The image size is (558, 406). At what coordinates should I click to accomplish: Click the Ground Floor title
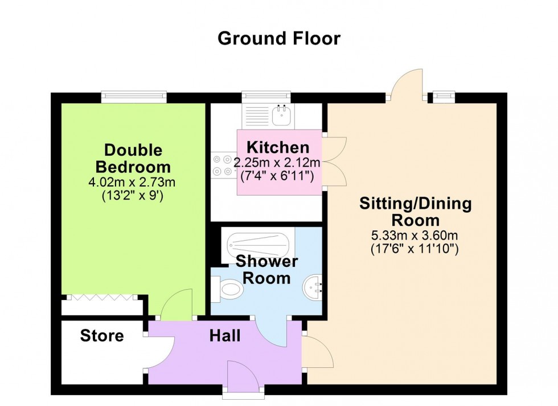(x=279, y=39)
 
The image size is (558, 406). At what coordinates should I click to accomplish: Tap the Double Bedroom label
(x=133, y=159)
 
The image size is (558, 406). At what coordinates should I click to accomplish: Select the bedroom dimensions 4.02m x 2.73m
(x=133, y=183)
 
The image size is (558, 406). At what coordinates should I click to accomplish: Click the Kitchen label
(x=278, y=147)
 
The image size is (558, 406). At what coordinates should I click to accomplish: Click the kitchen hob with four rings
(x=221, y=165)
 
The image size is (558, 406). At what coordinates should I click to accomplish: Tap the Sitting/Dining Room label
(x=416, y=212)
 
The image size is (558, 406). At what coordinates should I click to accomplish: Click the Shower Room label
(x=266, y=270)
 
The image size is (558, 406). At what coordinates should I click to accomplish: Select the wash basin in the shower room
(x=314, y=285)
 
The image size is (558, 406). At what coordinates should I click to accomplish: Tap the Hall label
(x=224, y=336)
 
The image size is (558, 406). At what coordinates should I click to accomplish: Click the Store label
(x=102, y=336)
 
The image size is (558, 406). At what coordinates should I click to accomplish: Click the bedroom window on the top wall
(x=134, y=98)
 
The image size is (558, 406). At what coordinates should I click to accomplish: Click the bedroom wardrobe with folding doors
(x=102, y=304)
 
